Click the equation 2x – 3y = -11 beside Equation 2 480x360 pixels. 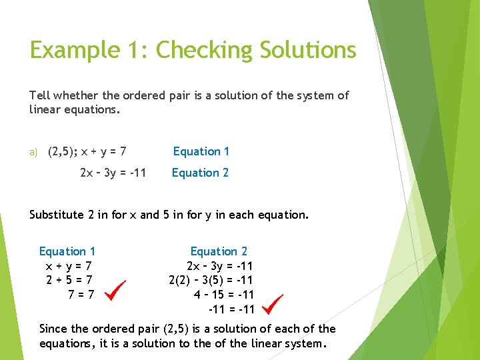coord(113,173)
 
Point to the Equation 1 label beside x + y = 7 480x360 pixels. coord(201,151)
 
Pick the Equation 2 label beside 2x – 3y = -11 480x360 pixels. coord(200,173)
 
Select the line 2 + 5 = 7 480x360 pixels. coord(69,280)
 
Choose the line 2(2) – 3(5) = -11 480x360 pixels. coord(211,280)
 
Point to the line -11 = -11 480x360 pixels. coord(231,309)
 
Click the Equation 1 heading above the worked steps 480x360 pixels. coord(67,251)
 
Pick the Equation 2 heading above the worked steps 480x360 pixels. coord(219,251)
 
